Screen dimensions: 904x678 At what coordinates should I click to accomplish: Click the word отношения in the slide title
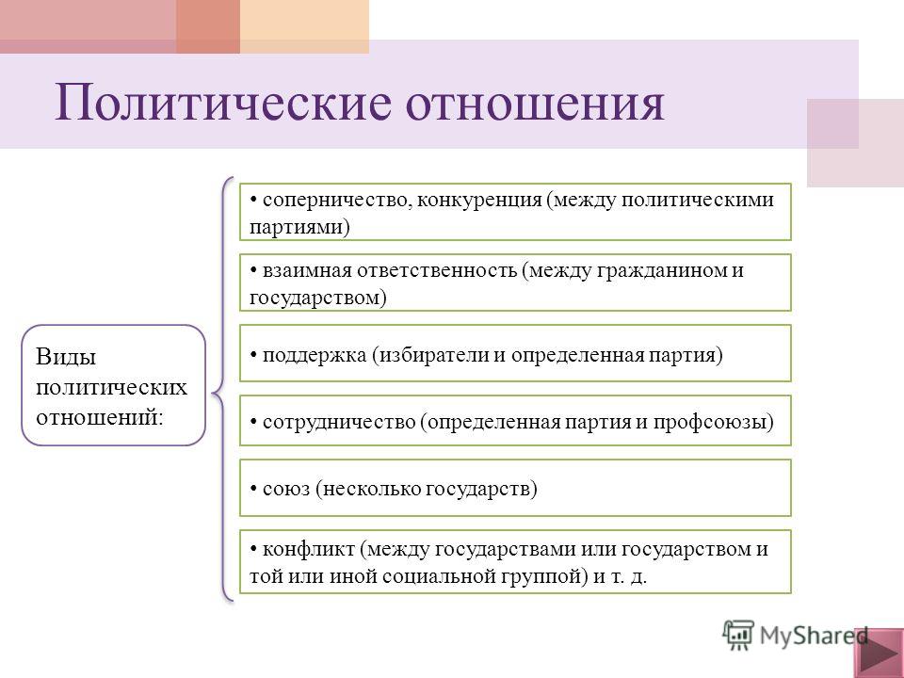coord(536,104)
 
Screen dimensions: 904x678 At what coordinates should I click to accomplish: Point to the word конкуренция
coord(479,200)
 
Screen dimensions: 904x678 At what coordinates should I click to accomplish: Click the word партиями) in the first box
coord(299,227)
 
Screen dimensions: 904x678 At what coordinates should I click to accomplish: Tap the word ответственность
coord(436,270)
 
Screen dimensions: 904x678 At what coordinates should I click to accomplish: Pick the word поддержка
coord(315,355)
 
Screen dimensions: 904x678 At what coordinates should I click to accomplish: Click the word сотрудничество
coord(339,422)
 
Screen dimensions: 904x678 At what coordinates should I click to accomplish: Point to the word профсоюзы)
coord(713,422)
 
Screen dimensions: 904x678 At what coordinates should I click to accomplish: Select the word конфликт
coord(309,549)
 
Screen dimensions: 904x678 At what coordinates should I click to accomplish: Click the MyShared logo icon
coord(738,635)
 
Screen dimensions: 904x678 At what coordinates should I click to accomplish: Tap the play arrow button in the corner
coord(879,654)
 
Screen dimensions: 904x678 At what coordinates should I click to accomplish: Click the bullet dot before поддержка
coord(253,355)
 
